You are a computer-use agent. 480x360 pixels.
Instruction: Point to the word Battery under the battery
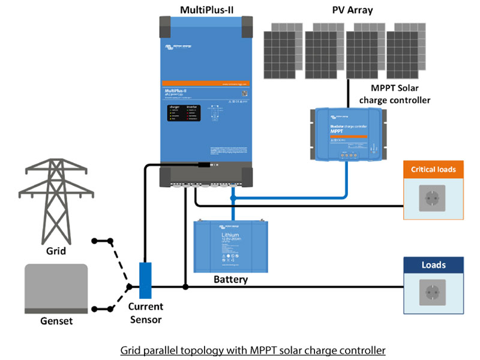[x=231, y=280]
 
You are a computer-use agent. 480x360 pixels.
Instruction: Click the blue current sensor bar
[x=145, y=280]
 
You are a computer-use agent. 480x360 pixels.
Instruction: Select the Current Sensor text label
[x=146, y=313]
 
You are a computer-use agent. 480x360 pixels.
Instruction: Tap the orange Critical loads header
[x=433, y=169]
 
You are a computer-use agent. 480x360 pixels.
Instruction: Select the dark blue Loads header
[x=433, y=265]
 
